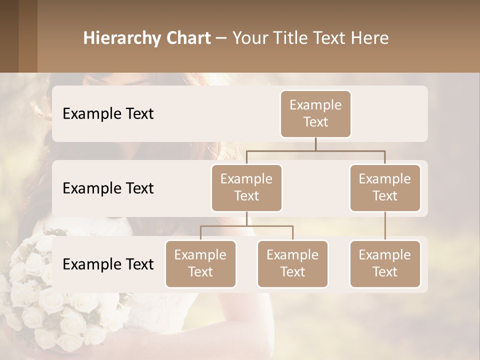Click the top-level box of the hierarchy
(315, 113)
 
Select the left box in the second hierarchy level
(246, 187)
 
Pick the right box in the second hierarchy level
(385, 187)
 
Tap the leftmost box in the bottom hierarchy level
(200, 263)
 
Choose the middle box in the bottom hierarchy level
(292, 263)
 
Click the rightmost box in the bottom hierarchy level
(385, 263)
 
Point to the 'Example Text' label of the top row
(108, 113)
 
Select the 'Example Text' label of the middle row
(108, 188)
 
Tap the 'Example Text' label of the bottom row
(108, 264)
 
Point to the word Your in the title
(249, 38)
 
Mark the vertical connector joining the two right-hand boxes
(385, 226)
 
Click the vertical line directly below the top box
(315, 144)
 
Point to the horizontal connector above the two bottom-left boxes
(246, 226)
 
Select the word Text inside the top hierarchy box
(315, 122)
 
